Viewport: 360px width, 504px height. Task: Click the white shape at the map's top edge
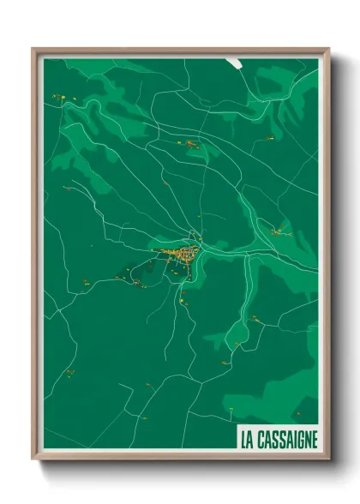[x=236, y=62]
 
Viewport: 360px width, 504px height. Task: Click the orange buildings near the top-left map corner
[x=58, y=97]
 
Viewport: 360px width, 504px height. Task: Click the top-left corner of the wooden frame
[x=33, y=49]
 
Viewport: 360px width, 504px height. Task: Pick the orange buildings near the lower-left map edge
[x=69, y=372]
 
